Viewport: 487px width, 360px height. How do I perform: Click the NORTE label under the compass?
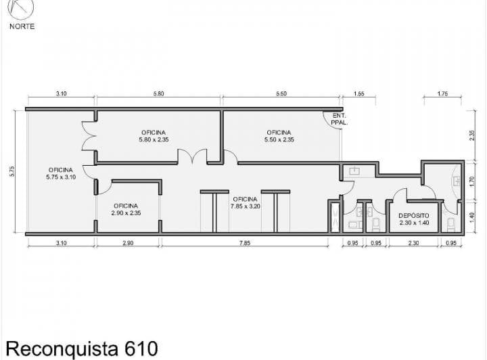[x=22, y=26]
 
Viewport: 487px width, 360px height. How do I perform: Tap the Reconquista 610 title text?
[x=82, y=348]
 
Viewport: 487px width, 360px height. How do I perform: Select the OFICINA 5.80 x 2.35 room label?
[x=154, y=136]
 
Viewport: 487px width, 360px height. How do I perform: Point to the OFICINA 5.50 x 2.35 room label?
[x=279, y=136]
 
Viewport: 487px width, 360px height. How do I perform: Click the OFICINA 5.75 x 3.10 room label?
[x=61, y=174]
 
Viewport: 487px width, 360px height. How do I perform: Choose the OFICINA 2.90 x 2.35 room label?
[x=126, y=209]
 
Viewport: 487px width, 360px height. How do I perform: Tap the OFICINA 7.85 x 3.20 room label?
[x=245, y=202]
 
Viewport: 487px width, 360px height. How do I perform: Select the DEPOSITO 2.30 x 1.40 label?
[x=414, y=219]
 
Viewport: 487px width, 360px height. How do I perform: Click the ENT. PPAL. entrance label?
[x=339, y=119]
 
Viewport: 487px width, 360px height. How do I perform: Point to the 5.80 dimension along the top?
[x=158, y=93]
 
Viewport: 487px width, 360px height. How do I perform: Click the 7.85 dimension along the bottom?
[x=245, y=243]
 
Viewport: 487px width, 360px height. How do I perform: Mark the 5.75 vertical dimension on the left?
[x=12, y=171]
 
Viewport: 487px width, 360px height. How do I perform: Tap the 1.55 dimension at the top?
[x=358, y=93]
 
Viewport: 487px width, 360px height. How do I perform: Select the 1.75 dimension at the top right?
[x=442, y=93]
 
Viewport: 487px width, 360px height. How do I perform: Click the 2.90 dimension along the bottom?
[x=128, y=243]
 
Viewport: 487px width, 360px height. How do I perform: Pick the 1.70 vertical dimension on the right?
[x=472, y=181]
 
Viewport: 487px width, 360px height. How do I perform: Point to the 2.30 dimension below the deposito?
[x=413, y=243]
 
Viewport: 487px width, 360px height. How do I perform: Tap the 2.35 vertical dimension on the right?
[x=472, y=135]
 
